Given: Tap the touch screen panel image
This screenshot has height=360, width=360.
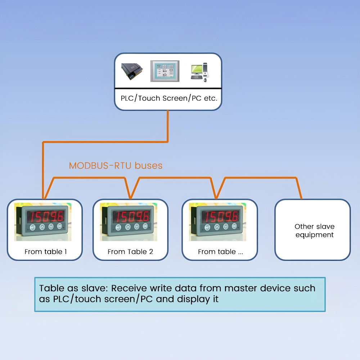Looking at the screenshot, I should coord(165,72).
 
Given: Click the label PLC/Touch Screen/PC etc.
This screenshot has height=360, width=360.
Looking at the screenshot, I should coord(168,98).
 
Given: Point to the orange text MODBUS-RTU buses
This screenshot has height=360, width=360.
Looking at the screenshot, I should coord(116,166).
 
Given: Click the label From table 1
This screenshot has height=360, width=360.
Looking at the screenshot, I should coord(46,252).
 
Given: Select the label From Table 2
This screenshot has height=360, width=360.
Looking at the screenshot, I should coord(130,252).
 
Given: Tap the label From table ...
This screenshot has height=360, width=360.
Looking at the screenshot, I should coord(220,252).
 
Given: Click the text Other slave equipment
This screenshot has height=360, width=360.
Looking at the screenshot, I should coord(315,231).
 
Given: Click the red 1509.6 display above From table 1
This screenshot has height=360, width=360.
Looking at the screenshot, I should coord(46,216).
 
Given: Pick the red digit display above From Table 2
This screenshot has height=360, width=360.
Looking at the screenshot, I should coord(132,216).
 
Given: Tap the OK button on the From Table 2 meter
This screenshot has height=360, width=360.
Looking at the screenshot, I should coord(145,226).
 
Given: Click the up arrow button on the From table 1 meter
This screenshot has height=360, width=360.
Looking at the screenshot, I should coord(42,227).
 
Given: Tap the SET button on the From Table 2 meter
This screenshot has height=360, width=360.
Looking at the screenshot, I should coord(118,227).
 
